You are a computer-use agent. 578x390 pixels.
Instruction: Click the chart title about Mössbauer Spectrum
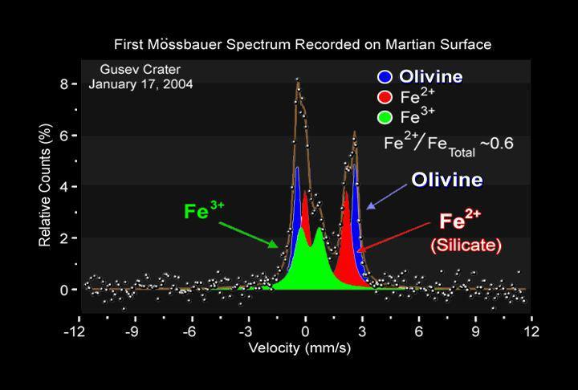303,43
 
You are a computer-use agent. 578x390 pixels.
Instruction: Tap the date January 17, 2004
140,83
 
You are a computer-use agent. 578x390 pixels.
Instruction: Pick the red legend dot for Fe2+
385,99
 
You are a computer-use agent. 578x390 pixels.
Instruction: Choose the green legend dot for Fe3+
385,119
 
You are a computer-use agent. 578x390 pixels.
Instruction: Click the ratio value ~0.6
497,144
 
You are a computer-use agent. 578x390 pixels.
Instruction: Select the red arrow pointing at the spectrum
393,236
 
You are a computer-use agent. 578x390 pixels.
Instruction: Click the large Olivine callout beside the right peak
447,180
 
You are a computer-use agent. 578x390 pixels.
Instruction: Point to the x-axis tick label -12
75,331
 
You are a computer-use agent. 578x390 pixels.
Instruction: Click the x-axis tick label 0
305,331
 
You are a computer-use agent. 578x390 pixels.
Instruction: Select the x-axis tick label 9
475,331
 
